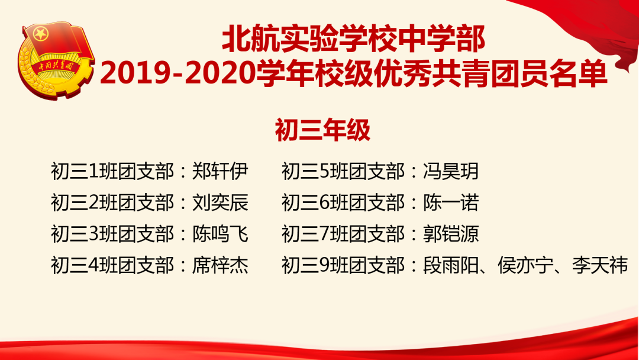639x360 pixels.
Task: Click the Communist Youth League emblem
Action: pos(56,60)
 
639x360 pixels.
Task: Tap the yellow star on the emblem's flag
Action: pos(41,33)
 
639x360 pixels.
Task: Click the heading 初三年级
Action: pos(322,130)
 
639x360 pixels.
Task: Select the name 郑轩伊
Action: pos(221,171)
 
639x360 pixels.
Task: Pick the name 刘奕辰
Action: pos(221,202)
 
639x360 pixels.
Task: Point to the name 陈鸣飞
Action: pos(221,234)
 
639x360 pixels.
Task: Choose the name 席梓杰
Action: pos(221,265)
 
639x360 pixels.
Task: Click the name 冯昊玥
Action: pos(451,171)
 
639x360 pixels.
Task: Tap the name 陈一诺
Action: pos(451,202)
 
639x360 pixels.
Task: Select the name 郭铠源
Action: pos(451,234)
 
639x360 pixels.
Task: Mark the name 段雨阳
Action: pos(451,265)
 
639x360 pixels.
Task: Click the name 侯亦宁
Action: pos(525,265)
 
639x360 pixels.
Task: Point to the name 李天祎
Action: pos(600,265)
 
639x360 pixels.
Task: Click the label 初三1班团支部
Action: pos(112,171)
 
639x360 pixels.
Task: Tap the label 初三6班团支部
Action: pos(343,202)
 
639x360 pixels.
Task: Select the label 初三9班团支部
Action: pos(343,265)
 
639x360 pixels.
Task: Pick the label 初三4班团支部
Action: pos(112,265)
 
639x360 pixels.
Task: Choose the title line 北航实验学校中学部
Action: pos(354,39)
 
